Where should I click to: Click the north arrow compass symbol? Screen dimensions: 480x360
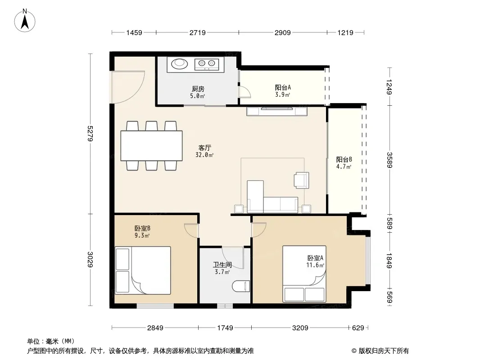tap(25, 21)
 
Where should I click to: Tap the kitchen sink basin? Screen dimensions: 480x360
tap(179, 63)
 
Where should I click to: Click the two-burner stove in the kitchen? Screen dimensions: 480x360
tap(207, 64)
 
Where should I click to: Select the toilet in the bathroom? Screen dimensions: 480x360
tap(241, 286)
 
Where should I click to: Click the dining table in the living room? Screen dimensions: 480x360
tap(152, 146)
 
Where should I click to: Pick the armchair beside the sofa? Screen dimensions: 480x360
tap(302, 180)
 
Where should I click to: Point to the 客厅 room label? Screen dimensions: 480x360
tap(204, 148)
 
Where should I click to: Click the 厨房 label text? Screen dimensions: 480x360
tap(198, 89)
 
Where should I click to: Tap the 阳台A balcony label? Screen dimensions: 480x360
tap(283, 87)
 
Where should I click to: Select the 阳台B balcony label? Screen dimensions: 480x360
tap(344, 159)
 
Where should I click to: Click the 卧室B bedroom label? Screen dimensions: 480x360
tap(142, 228)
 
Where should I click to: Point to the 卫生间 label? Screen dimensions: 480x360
tap(222, 265)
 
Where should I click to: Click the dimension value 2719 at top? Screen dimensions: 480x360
tap(198, 32)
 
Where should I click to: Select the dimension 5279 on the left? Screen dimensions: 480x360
tap(90, 133)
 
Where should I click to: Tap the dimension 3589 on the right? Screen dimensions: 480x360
tap(389, 160)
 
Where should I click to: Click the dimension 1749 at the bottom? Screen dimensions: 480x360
tap(225, 328)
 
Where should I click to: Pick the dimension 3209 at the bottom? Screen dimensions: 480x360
tap(300, 328)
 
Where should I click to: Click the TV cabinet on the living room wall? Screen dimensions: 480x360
tap(277, 111)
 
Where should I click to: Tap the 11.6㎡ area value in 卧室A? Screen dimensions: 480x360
tap(315, 265)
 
